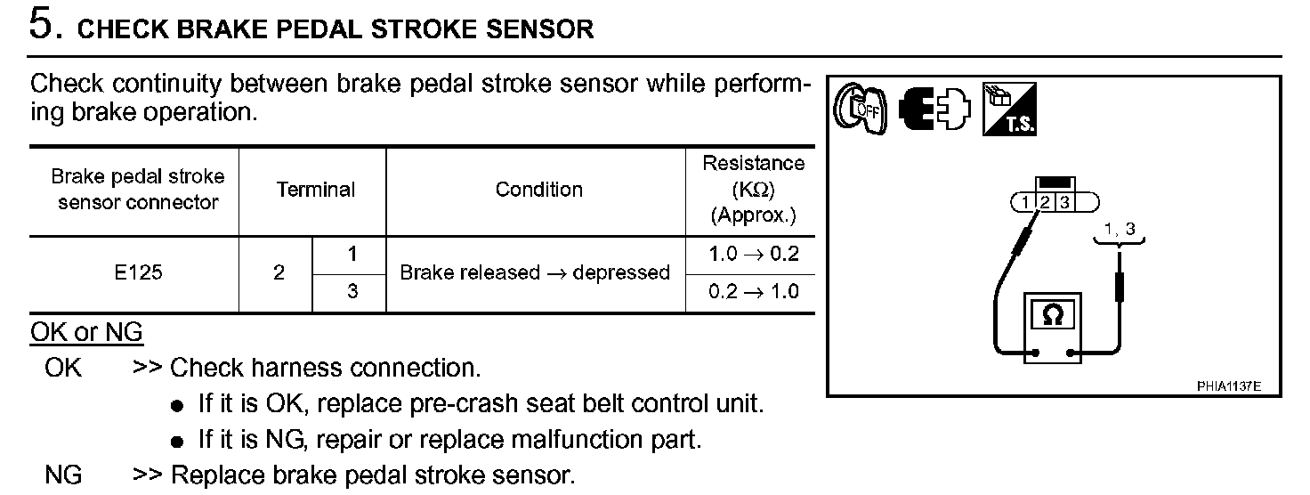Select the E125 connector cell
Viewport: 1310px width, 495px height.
click(138, 273)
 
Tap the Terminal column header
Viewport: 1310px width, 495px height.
click(315, 190)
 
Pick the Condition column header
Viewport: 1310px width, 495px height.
click(538, 190)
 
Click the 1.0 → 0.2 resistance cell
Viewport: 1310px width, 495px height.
click(753, 255)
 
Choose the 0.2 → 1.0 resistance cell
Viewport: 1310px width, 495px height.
click(753, 292)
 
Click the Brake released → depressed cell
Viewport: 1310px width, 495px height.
click(534, 273)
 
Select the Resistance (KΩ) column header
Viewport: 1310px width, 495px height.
click(753, 189)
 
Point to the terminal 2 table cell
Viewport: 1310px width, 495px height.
click(279, 273)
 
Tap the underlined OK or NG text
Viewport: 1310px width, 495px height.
click(86, 333)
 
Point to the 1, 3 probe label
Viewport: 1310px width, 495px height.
click(1119, 230)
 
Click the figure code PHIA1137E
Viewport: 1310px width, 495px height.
click(1228, 386)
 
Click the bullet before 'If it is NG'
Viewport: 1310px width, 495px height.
click(177, 442)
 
